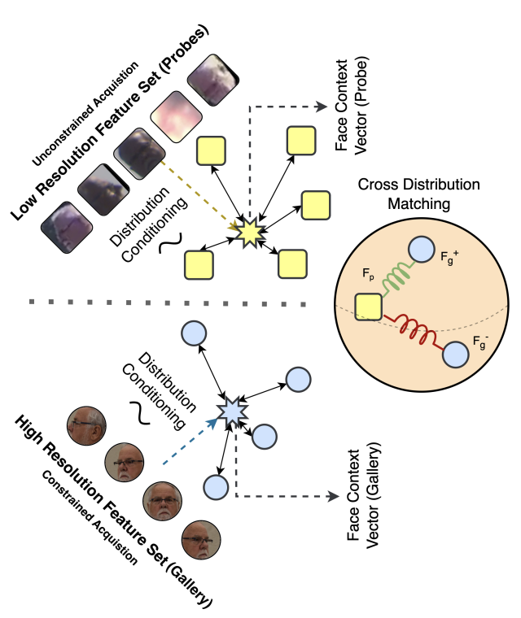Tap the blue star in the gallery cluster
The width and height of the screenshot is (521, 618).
click(x=234, y=413)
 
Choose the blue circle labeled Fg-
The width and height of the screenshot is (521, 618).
click(x=455, y=354)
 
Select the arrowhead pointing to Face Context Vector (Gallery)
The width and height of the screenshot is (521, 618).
click(x=335, y=495)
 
